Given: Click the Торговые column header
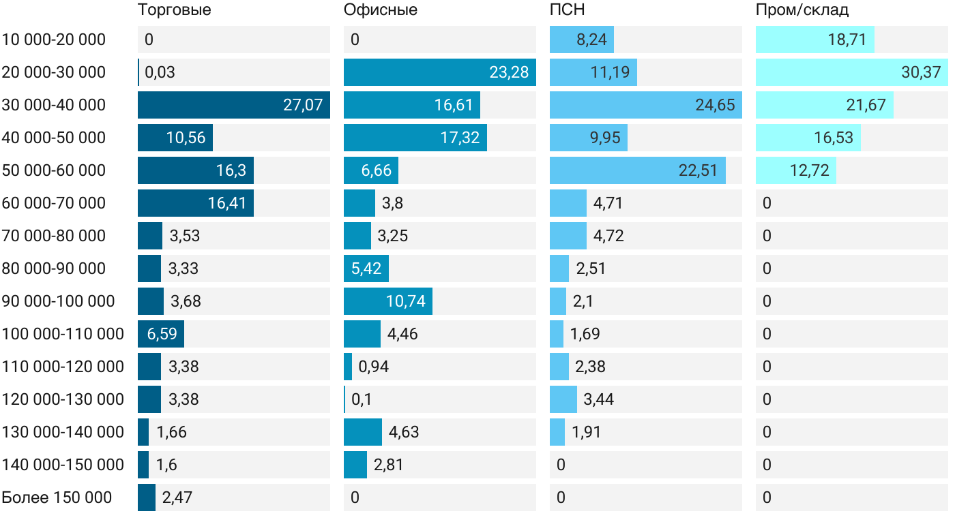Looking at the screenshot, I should click(174, 10).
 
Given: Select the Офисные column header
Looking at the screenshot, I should click(381, 10).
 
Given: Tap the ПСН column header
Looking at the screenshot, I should click(568, 10).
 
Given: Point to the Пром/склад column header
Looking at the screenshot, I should click(802, 10).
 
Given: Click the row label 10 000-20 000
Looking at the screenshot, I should click(54, 40).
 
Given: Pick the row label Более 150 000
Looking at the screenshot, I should click(57, 497).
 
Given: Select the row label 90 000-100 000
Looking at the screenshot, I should click(59, 301).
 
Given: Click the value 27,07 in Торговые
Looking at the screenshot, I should click(303, 105).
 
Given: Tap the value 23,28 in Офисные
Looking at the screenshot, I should click(509, 72).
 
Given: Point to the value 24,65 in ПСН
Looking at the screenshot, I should click(715, 105).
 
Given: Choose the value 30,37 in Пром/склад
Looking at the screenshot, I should click(921, 72).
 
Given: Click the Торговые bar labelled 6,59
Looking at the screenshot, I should click(161, 334).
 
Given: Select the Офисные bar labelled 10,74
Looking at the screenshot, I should click(388, 301).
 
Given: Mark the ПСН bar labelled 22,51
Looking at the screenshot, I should click(638, 170).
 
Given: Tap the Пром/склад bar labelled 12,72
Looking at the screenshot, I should click(796, 170).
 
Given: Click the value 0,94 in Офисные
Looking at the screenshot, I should click(374, 367).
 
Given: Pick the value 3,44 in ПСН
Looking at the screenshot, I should click(598, 399).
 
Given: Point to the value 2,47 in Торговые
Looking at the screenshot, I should click(177, 497).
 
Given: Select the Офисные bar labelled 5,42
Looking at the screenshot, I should click(366, 268).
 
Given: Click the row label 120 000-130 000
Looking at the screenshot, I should click(63, 399).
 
